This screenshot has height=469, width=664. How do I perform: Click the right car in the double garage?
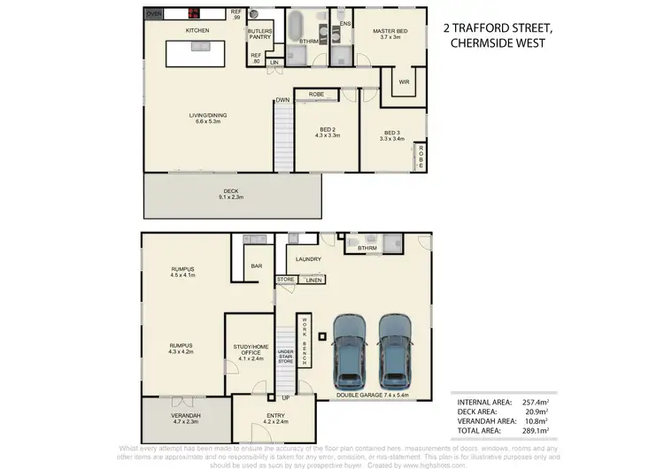(396, 346)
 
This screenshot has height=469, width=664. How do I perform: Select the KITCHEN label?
(197, 31)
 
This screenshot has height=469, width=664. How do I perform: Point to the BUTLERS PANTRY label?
(259, 35)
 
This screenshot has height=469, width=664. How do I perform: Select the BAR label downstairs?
(258, 265)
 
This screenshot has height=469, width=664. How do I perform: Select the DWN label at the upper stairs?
(282, 100)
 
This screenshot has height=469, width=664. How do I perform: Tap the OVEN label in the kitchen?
(153, 15)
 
